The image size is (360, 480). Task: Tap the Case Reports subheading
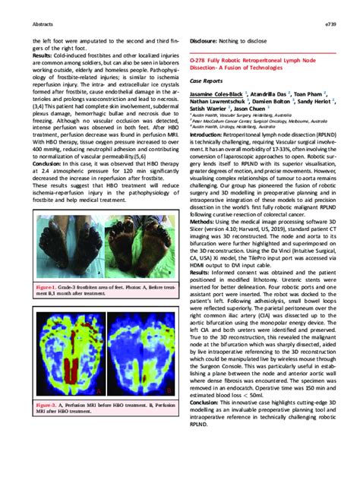pos(207,81)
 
